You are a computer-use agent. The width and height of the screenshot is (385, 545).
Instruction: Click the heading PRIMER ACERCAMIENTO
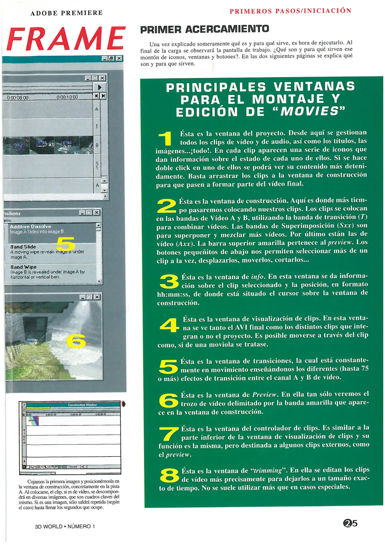tap(204, 29)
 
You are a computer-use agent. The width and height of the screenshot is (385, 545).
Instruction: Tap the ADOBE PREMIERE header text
tap(67, 13)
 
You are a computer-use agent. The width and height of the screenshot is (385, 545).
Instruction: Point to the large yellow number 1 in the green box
tap(165, 138)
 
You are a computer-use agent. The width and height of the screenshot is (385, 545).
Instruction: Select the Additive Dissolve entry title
tap(30, 226)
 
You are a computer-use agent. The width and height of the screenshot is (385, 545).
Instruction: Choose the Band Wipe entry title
tap(23, 267)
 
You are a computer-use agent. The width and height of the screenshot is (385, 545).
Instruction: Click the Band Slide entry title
tap(23, 247)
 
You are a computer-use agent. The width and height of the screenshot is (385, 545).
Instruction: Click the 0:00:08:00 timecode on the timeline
tap(18, 97)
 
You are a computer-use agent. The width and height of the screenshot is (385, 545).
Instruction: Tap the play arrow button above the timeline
tap(100, 87)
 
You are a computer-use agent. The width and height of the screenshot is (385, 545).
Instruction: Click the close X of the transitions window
tap(97, 212)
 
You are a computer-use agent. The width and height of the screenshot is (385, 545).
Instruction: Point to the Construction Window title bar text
tap(82, 405)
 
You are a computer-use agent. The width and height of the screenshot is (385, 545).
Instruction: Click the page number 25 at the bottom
tap(350, 523)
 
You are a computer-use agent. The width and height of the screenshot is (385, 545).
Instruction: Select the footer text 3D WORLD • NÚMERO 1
tap(65, 526)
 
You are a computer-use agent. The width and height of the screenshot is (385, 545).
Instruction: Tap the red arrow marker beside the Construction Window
tap(123, 404)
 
